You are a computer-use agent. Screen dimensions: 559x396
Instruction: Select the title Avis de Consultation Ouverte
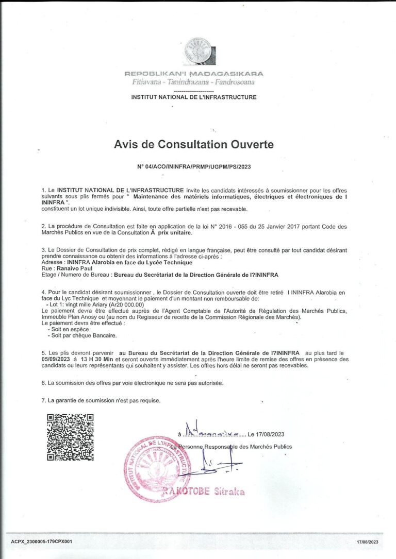(x=194, y=145)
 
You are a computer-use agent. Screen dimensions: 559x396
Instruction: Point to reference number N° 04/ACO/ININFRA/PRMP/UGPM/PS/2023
(x=194, y=166)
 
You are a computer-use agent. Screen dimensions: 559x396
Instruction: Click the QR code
(x=70, y=437)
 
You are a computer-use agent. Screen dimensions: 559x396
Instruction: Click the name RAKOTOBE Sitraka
(x=204, y=491)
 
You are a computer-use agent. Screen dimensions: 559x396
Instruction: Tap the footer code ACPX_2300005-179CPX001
(x=42, y=542)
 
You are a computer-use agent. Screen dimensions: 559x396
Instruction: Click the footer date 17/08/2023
(x=367, y=542)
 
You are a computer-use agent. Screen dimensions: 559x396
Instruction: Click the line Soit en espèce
(x=70, y=329)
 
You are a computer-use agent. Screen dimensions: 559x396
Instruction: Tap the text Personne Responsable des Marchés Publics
(x=235, y=447)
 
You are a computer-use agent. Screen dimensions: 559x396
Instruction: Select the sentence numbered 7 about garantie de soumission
(x=101, y=400)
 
